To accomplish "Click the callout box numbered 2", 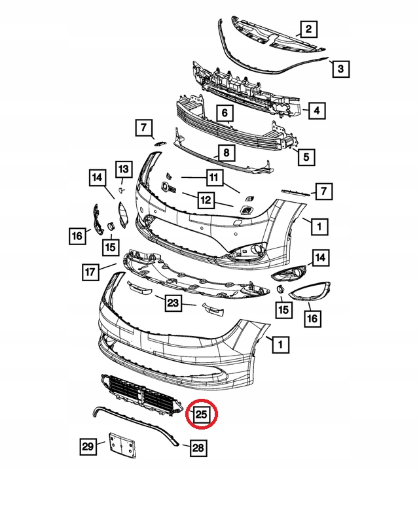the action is [308, 29].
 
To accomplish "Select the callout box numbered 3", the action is [340, 69].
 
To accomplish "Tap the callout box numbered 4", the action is [316, 110].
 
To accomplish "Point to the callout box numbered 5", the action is [306, 157].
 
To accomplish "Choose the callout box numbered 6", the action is [225, 113].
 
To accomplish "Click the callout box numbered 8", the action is [227, 152].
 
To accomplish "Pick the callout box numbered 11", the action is [214, 178].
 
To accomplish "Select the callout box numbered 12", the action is [206, 199].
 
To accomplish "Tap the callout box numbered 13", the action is [124, 169].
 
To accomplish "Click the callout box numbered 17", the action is [90, 271].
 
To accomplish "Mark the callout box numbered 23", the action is [173, 303].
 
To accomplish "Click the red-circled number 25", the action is [202, 414].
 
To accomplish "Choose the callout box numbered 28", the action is [198, 448].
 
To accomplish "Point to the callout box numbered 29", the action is [88, 447].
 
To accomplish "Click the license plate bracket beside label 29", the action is [122, 445].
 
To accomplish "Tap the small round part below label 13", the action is [120, 190].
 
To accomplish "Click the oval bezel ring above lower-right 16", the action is [310, 291].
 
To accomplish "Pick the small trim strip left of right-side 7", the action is [296, 192].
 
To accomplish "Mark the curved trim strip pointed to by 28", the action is [136, 425].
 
